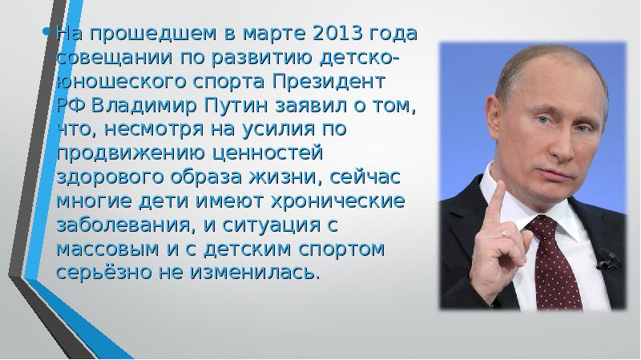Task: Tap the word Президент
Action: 341,83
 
